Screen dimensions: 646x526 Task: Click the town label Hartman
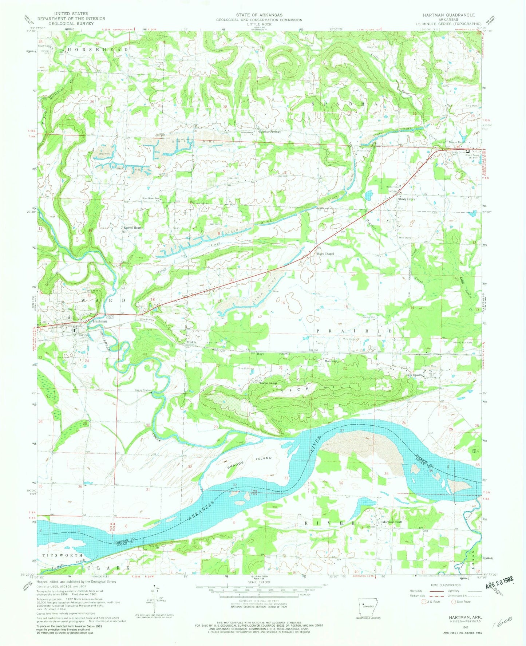tap(100, 322)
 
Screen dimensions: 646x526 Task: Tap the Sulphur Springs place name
tap(270, 131)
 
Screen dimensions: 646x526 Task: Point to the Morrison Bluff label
tap(392, 522)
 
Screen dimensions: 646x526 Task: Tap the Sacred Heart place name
tap(133, 228)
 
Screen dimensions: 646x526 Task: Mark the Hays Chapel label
tap(325, 254)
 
